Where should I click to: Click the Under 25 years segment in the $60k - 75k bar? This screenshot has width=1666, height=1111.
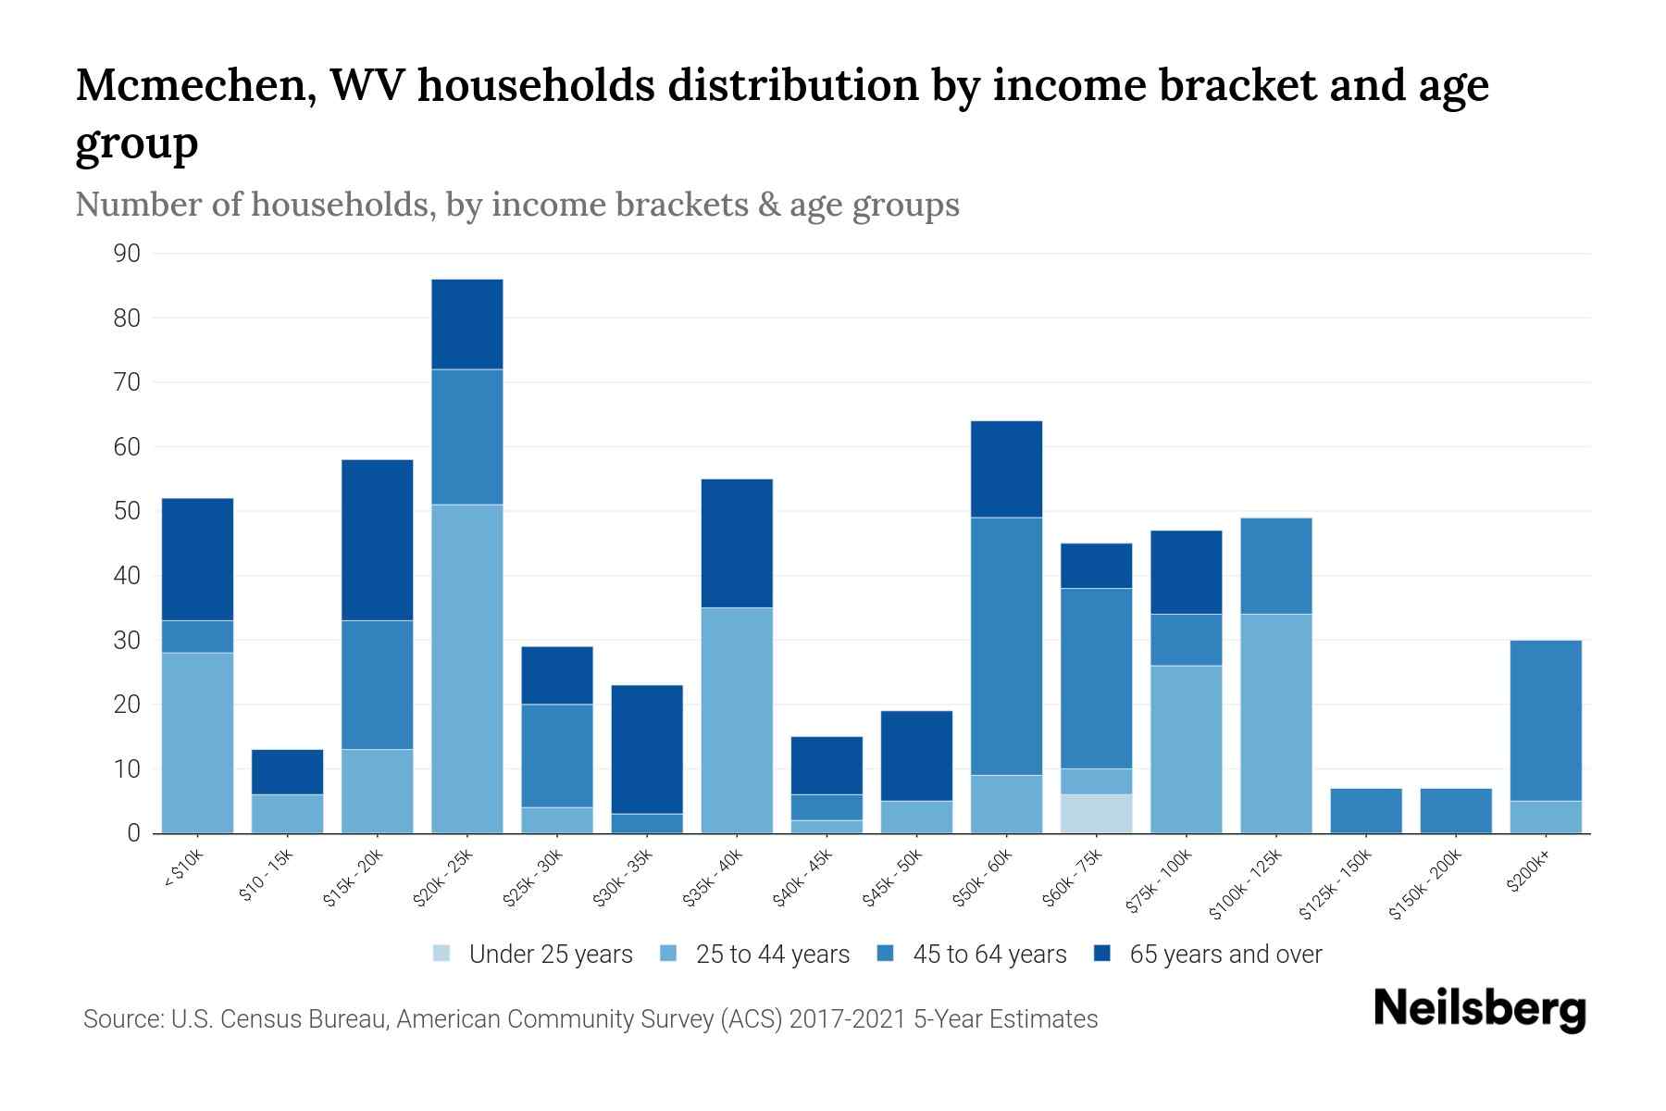1096,814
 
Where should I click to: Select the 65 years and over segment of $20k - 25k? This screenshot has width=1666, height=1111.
467,324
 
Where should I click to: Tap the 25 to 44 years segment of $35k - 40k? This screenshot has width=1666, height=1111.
737,720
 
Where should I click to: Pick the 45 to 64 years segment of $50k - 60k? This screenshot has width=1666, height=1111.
1006,646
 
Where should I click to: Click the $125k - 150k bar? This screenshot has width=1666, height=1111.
1366,811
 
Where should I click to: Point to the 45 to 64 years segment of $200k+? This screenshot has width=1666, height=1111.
1546,720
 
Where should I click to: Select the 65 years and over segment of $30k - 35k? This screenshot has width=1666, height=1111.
647,749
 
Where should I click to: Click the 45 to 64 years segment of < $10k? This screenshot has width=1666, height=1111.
197,636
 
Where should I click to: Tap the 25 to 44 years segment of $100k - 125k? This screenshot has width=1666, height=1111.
1276,723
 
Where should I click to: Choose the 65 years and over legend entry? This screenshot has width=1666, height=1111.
1208,955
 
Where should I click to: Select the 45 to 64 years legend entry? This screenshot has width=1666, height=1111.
972,955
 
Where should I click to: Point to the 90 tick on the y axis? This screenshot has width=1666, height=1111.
128,254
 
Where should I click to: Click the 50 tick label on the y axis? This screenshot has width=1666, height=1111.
128,511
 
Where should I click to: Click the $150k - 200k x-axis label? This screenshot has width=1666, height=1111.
1425,884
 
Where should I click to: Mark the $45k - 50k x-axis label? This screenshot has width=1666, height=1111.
893,879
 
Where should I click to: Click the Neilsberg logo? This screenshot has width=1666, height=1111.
1479,1010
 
